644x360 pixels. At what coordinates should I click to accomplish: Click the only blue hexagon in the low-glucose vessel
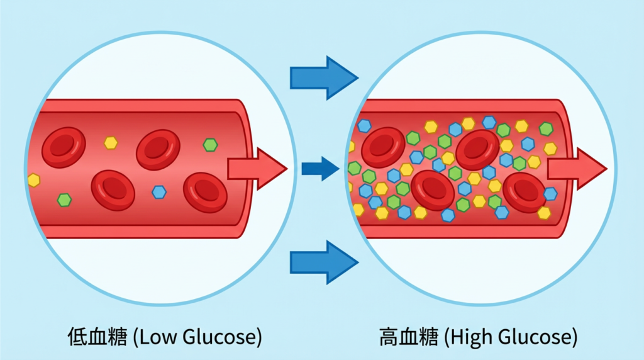[x=159, y=192]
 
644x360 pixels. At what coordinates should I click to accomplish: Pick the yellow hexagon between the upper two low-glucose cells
[x=111, y=143]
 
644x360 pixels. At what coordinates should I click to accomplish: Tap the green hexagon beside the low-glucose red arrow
[x=210, y=145]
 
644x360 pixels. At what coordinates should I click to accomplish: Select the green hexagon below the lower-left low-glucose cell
[x=64, y=200]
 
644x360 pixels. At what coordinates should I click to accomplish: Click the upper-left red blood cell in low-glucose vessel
[x=64, y=147]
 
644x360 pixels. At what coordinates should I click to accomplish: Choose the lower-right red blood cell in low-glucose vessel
[x=205, y=191]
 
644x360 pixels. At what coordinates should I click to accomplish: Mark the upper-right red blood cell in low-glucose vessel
[x=158, y=149]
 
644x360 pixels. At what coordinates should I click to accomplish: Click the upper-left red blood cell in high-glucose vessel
[x=383, y=147]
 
